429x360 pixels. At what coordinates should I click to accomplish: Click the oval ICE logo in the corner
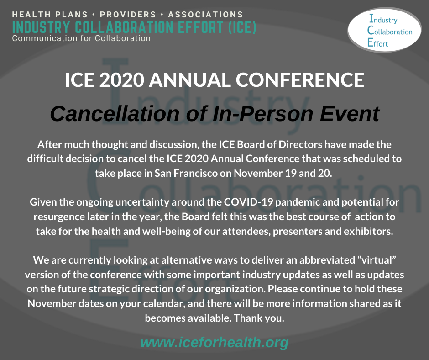[x=384, y=30]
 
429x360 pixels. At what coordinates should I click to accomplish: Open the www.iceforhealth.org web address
[x=214, y=343]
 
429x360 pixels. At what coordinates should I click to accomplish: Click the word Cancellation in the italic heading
[x=115, y=113]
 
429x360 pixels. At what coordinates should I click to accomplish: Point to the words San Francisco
[x=186, y=173]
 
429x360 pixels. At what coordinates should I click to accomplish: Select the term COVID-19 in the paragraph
[x=248, y=202]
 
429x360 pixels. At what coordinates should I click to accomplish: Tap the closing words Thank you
[x=259, y=318]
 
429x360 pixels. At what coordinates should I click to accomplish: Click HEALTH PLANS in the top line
[x=50, y=15]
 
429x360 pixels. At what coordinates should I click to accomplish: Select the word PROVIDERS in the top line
[x=128, y=15]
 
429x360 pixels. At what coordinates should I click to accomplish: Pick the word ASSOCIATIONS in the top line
[x=205, y=15]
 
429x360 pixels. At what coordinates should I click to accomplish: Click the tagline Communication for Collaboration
[x=81, y=38]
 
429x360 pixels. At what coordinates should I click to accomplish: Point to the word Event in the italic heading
[x=350, y=113]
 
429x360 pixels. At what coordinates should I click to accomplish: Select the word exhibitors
[x=368, y=231]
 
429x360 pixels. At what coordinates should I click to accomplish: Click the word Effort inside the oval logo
[x=377, y=43]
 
